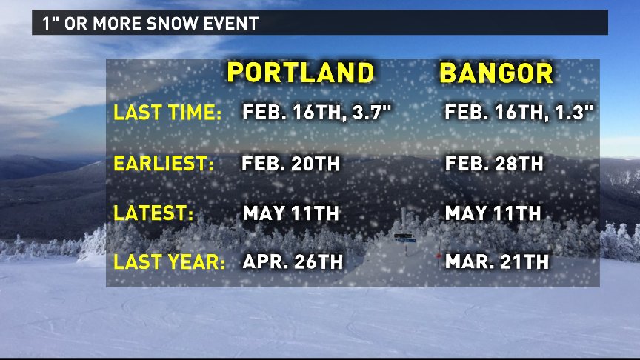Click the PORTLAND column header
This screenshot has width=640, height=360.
pyautogui.click(x=301, y=73)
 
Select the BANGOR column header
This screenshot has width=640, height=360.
pyautogui.click(x=496, y=73)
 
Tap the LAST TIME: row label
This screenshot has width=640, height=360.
pyautogui.click(x=167, y=113)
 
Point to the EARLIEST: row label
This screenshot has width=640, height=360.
pyautogui.click(x=163, y=163)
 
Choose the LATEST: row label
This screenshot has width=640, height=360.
pyautogui.click(x=153, y=213)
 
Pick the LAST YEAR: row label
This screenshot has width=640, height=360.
pyautogui.click(x=170, y=261)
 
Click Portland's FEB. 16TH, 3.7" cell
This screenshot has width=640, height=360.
pyautogui.click(x=317, y=113)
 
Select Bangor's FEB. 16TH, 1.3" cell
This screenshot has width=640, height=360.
pyautogui.click(x=519, y=113)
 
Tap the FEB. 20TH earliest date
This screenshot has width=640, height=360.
pyautogui.click(x=290, y=164)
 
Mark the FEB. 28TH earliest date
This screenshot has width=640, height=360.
pyautogui.click(x=494, y=164)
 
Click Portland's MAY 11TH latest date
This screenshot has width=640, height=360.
pyautogui.click(x=290, y=213)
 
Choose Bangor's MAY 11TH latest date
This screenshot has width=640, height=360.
pyautogui.click(x=493, y=213)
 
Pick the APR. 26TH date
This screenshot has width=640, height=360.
pyautogui.click(x=293, y=261)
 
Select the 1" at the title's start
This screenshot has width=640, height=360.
pyautogui.click(x=50, y=23)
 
